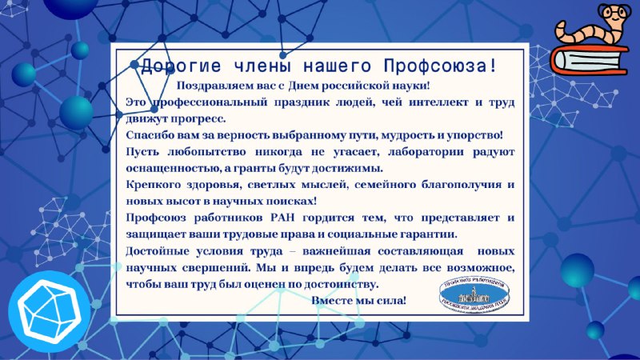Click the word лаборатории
[x=426, y=152]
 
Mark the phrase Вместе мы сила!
[x=358, y=301]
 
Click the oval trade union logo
[x=474, y=295]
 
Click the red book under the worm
[x=590, y=61]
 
